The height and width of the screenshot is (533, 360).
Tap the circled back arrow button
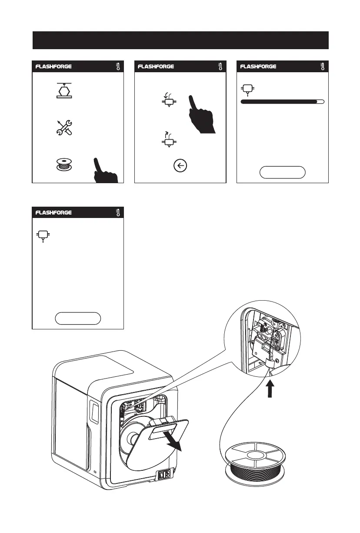(180, 166)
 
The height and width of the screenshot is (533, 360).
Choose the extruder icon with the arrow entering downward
(168, 102)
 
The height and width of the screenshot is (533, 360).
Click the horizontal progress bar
(282, 101)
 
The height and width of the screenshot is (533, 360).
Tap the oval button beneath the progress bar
(282, 172)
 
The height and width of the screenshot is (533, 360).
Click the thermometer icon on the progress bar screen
(322, 67)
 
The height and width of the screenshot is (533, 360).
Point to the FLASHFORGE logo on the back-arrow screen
(156, 67)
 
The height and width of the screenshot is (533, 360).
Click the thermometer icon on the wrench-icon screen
(117, 67)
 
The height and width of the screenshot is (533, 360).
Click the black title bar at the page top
(180, 40)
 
